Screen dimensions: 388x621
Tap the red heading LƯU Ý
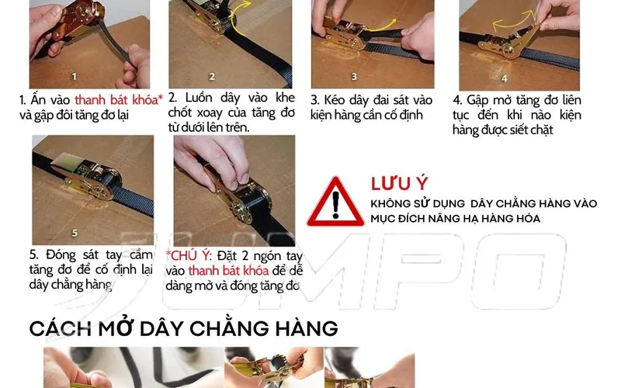point(400,183)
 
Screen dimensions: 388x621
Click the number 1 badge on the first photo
point(74,76)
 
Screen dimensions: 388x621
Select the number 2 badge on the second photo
point(212,76)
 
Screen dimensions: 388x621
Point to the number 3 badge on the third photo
point(354,76)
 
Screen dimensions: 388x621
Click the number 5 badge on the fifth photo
point(75,231)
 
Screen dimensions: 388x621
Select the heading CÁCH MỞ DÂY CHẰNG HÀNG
point(183,327)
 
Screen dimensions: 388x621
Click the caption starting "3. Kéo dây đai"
point(371,108)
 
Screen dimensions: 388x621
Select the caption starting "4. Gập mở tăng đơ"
point(517,115)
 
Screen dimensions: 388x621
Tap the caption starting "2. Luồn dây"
point(231,113)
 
